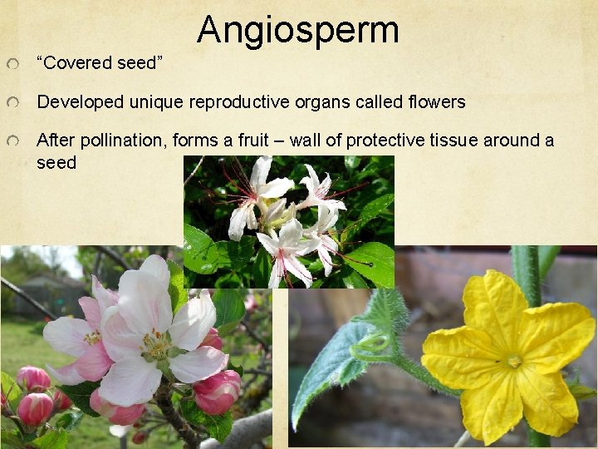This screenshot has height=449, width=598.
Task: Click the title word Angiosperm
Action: (x=298, y=30)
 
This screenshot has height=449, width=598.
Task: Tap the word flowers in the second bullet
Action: (x=438, y=102)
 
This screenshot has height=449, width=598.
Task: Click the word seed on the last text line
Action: (x=56, y=162)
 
